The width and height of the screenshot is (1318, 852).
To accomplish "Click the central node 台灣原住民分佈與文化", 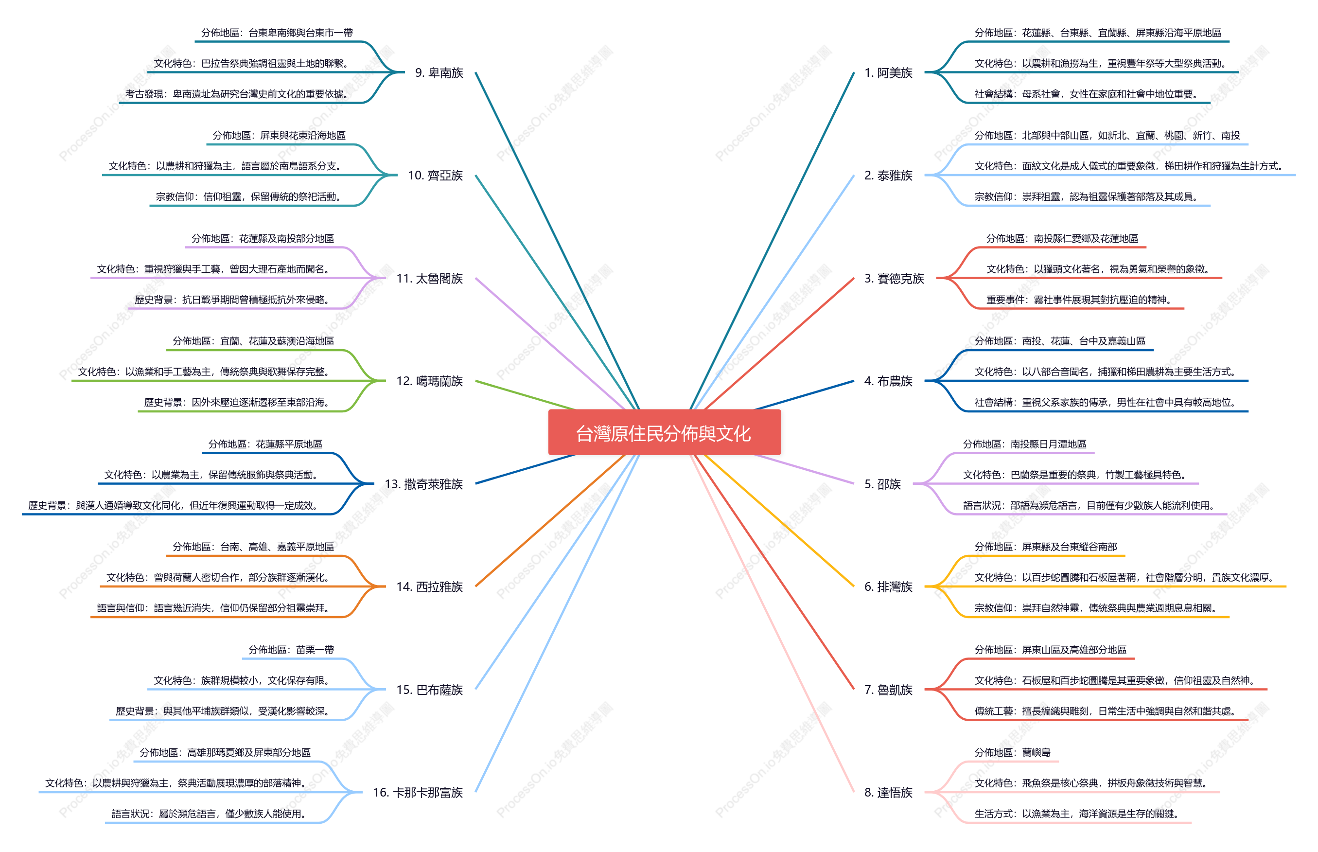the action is pyautogui.click(x=664, y=433).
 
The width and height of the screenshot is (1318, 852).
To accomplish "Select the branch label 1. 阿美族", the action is pyautogui.click(x=888, y=72).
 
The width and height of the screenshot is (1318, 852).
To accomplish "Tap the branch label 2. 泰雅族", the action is pyautogui.click(x=888, y=176).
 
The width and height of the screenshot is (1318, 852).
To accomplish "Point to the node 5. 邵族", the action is pyautogui.click(x=883, y=484).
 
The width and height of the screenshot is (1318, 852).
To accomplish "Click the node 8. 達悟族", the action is pyautogui.click(x=888, y=792).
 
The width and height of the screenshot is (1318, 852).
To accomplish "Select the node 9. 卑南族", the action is pyautogui.click(x=439, y=72).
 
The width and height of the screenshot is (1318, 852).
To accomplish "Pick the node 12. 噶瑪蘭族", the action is pyautogui.click(x=430, y=381).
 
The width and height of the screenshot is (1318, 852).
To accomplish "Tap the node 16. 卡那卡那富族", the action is pyautogui.click(x=418, y=792).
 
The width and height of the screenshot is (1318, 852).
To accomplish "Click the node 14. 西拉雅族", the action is pyautogui.click(x=430, y=586).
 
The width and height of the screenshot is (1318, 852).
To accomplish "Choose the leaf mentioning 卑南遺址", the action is pyautogui.click(x=237, y=94).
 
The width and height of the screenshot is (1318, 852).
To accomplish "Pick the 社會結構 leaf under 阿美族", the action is pyautogui.click(x=1086, y=94).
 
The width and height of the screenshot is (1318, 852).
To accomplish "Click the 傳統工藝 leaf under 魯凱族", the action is pyautogui.click(x=1105, y=711).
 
